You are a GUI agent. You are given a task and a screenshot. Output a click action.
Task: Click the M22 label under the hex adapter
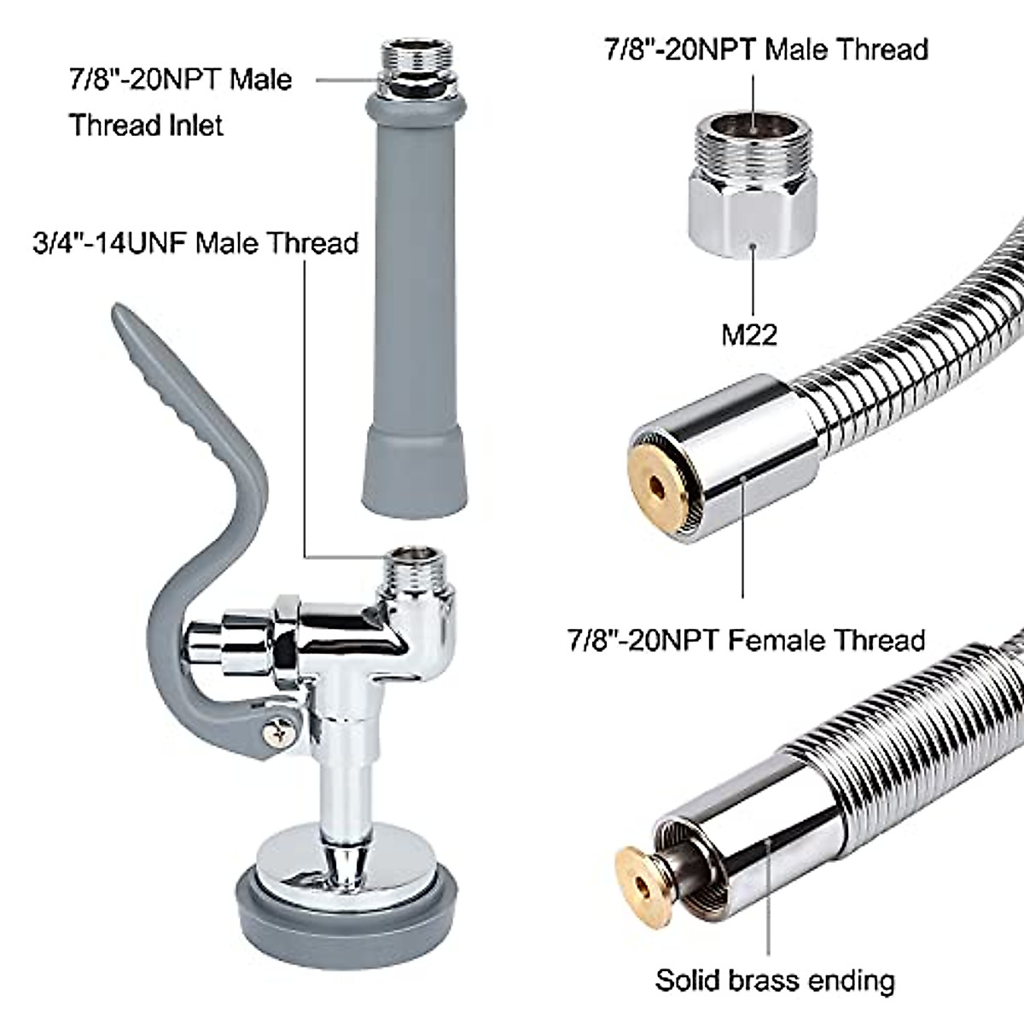(x=749, y=334)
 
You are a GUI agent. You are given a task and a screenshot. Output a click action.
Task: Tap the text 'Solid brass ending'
(x=775, y=980)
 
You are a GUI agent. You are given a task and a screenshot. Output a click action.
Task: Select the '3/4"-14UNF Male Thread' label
(x=195, y=243)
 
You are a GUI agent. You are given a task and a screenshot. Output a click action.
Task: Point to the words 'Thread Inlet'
(x=146, y=125)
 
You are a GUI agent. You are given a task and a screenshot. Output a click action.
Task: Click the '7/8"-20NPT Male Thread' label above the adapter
(x=766, y=49)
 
